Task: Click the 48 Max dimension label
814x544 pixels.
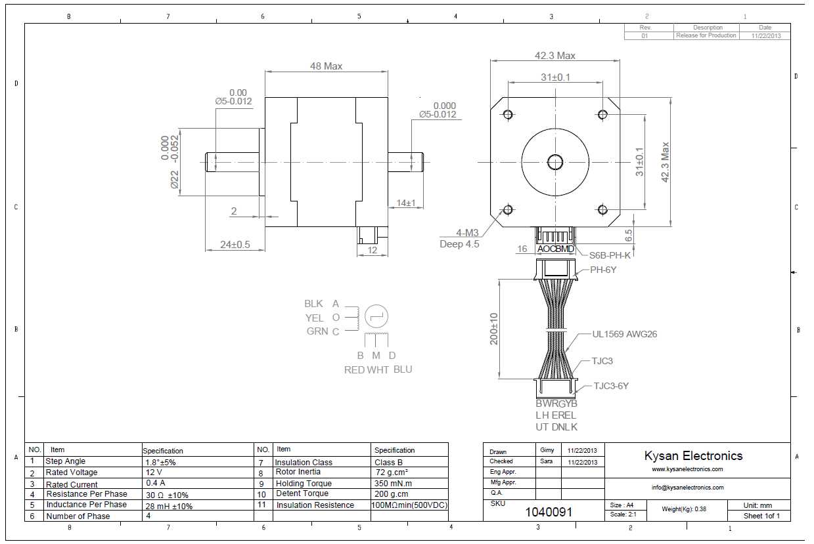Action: click(x=326, y=66)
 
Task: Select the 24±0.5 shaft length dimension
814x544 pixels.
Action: click(x=235, y=244)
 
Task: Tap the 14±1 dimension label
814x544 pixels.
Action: click(x=405, y=203)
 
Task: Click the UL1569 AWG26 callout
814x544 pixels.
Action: click(x=624, y=334)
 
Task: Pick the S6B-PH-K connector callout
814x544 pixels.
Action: click(x=610, y=256)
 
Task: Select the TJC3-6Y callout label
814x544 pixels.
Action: click(x=611, y=386)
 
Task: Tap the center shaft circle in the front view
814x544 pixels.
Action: click(x=554, y=161)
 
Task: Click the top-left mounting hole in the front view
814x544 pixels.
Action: click(x=507, y=115)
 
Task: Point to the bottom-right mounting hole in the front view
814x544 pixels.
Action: click(x=602, y=209)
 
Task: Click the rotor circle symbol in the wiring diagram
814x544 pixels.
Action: click(x=376, y=316)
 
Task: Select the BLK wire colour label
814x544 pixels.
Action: click(x=313, y=304)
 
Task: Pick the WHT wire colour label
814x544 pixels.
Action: click(x=378, y=369)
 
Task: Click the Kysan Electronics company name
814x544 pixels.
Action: click(x=693, y=455)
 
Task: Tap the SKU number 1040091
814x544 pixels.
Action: click(x=549, y=511)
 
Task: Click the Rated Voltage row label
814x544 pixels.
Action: click(x=72, y=472)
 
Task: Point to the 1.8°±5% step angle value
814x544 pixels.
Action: click(x=160, y=462)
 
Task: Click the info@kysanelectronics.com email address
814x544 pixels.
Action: click(x=687, y=488)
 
